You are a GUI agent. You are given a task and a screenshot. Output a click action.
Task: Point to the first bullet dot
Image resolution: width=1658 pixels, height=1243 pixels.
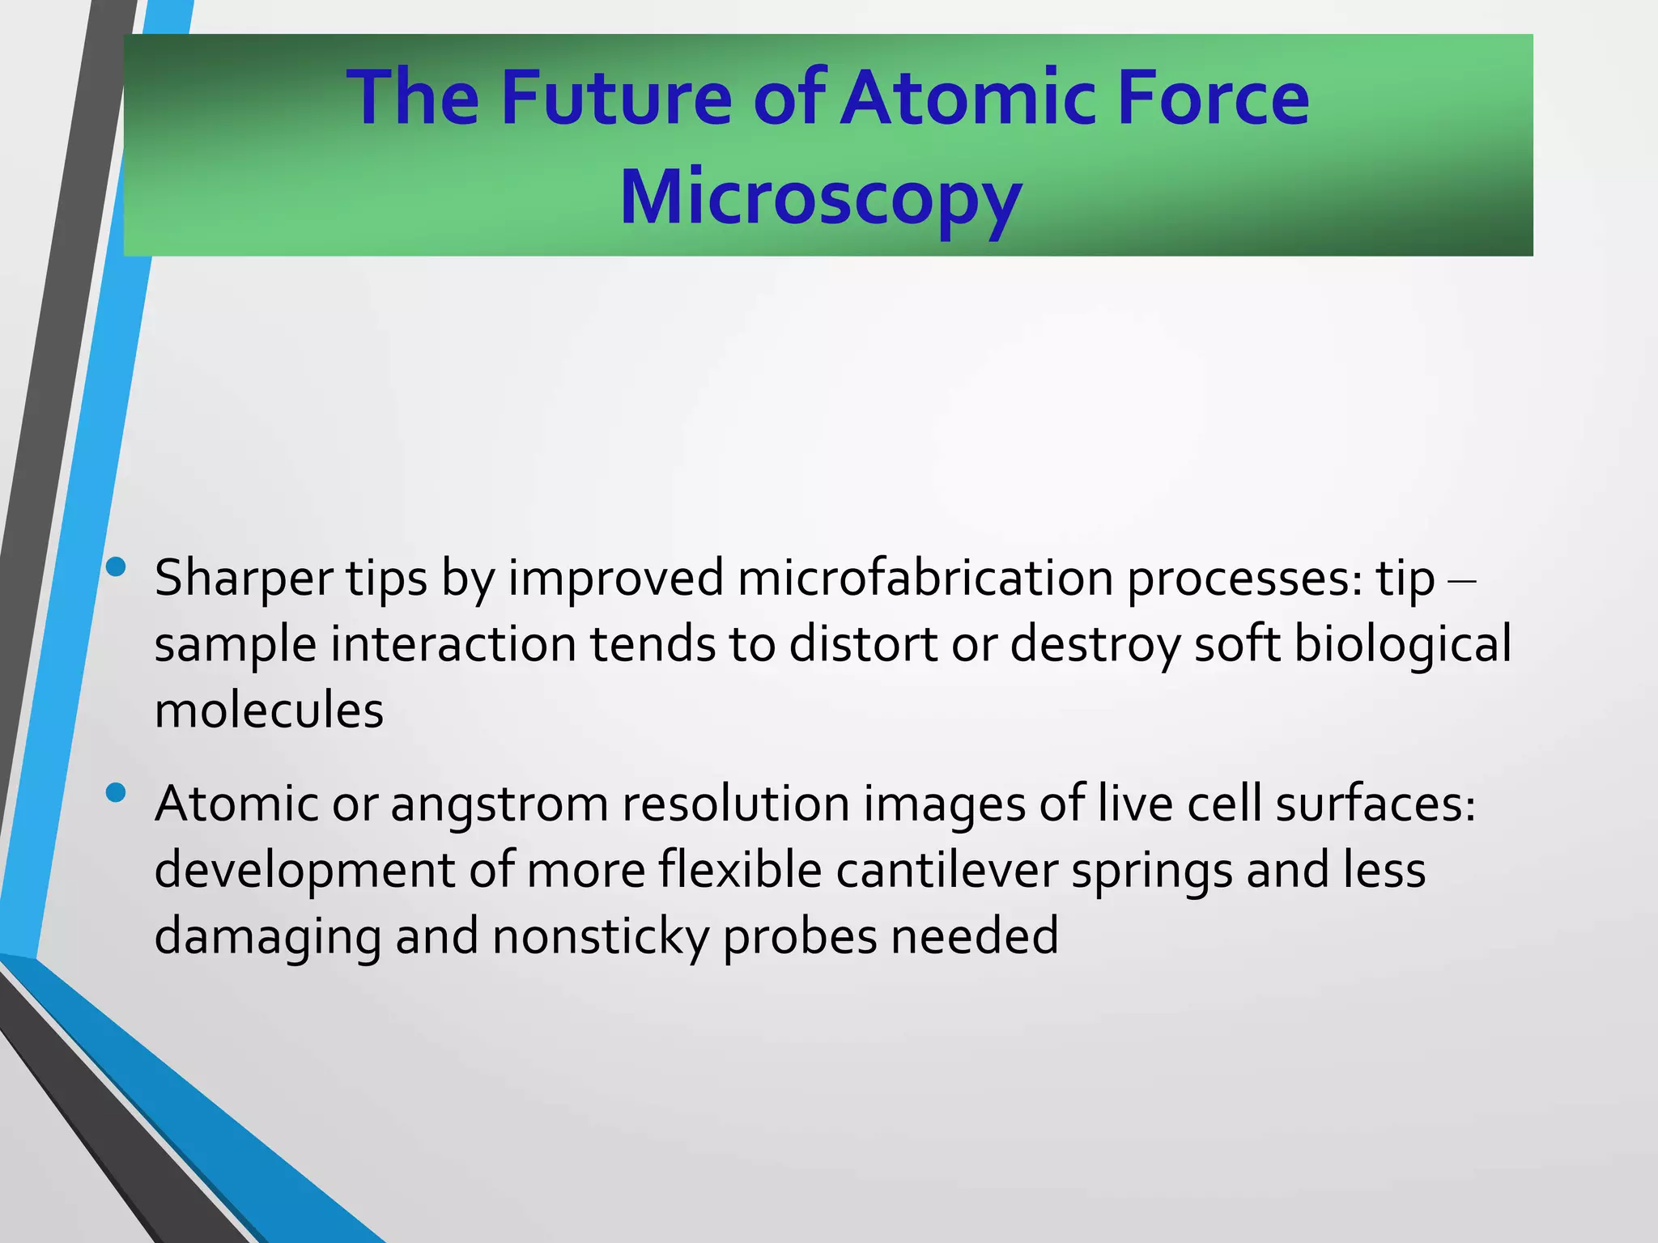tap(116, 567)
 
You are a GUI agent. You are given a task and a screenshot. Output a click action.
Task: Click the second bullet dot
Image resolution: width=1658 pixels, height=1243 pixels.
tap(116, 792)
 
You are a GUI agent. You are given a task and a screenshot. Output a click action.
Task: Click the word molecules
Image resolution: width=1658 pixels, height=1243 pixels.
tap(269, 711)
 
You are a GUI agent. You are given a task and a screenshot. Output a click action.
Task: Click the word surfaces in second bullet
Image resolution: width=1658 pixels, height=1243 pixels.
tap(1375, 804)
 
